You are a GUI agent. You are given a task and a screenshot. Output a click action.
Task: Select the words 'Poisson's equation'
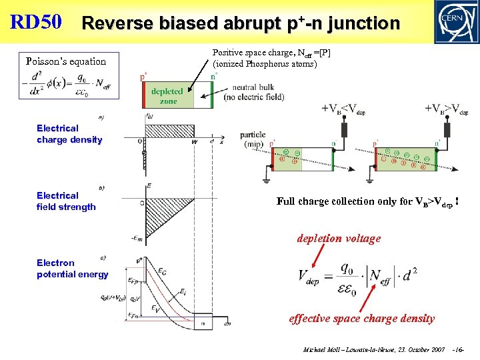[66, 61]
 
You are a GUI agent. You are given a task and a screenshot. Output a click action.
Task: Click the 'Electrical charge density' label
[69, 134]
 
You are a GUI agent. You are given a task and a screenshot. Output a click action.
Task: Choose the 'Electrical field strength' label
[66, 201]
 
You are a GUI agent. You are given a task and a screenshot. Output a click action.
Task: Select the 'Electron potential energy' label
[72, 269]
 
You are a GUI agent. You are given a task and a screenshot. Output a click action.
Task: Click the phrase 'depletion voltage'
[338, 239]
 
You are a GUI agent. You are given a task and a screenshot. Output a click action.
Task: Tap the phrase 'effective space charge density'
[361, 319]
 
